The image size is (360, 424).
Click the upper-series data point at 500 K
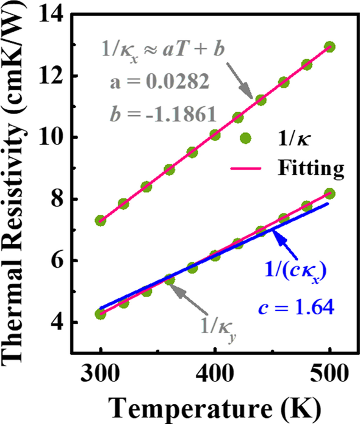click(329, 46)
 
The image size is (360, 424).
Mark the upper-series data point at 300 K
click(100, 220)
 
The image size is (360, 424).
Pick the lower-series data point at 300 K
click(100, 314)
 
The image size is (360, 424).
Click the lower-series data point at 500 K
click(329, 193)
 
